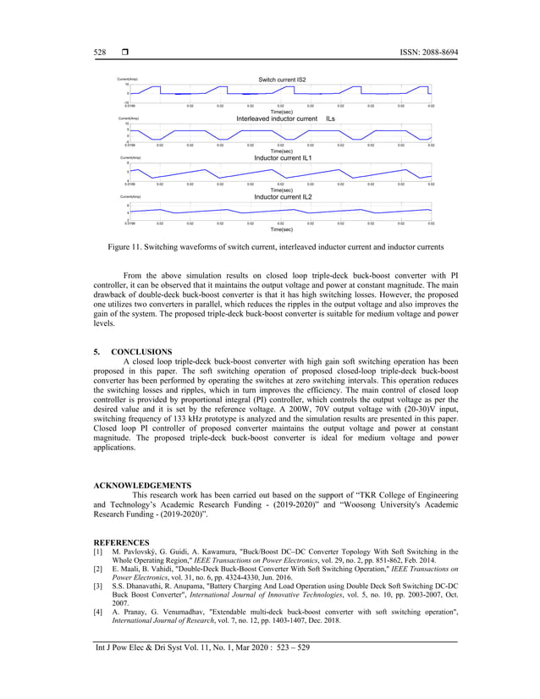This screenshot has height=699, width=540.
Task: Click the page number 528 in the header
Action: [99, 52]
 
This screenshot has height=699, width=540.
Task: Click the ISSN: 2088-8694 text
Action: [425, 52]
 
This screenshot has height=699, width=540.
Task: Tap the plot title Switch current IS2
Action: [282, 80]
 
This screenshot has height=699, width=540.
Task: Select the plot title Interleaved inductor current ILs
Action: [285, 119]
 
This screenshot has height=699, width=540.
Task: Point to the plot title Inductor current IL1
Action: [283, 158]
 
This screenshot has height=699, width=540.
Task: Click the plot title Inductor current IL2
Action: [283, 197]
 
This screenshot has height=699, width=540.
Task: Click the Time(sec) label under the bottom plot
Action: [281, 229]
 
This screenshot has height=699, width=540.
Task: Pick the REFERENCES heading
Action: [121, 542]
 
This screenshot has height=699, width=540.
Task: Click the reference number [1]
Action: [97, 553]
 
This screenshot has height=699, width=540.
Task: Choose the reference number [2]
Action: [97, 572]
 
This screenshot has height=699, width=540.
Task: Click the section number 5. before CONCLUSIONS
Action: [96, 351]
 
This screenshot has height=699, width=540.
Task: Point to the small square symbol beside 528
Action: [124, 52]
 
